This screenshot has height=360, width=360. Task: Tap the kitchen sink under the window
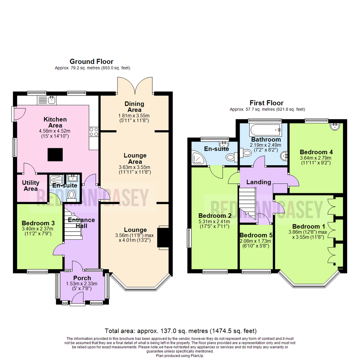[x=51, y=99]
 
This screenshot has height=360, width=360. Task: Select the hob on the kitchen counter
[x=94, y=132]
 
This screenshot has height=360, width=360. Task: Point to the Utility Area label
[x=30, y=186]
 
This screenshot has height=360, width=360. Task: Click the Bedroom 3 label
[x=38, y=223]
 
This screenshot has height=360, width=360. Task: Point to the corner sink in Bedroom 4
[x=335, y=126]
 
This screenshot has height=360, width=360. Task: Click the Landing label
[x=258, y=182]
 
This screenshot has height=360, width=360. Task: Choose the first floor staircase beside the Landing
[x=248, y=204]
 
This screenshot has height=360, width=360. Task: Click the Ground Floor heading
[x=91, y=61]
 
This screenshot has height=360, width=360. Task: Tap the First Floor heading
[x=267, y=103]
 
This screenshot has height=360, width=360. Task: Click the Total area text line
[x=180, y=331]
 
